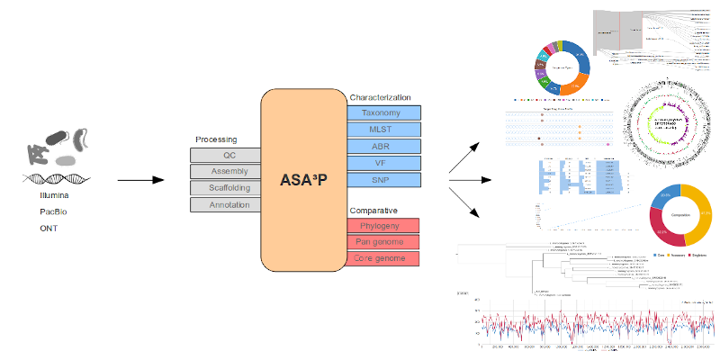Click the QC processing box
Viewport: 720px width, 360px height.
pyautogui.click(x=224, y=155)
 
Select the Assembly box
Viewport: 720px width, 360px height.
pyautogui.click(x=224, y=171)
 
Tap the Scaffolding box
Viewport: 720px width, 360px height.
pyautogui.click(x=224, y=188)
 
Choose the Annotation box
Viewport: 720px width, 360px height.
pyautogui.click(x=224, y=205)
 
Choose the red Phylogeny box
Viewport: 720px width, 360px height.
pyautogui.click(x=385, y=225)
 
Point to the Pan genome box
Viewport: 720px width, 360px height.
pyautogui.click(x=385, y=242)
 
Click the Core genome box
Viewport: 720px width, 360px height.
pyautogui.click(x=385, y=259)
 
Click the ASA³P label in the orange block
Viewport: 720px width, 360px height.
pyautogui.click(x=303, y=175)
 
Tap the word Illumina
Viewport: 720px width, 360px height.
pyautogui.click(x=55, y=194)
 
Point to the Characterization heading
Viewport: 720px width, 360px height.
pyautogui.click(x=380, y=96)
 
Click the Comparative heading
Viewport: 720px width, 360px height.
pyautogui.click(x=374, y=210)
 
